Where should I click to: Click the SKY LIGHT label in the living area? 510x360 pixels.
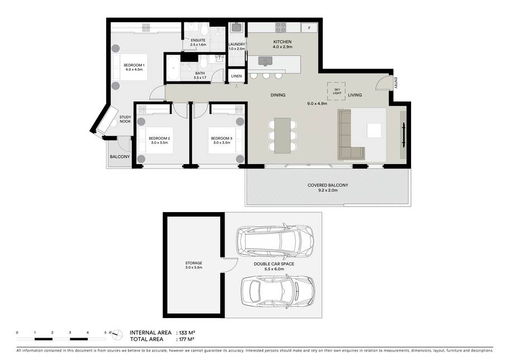[337, 91]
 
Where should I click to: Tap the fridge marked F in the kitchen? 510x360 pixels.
[309, 28]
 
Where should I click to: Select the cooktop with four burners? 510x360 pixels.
[280, 27]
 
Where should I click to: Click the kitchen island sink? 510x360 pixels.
[266, 61]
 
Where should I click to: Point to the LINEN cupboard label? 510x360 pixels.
[236, 76]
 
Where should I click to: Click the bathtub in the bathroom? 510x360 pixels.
[173, 68]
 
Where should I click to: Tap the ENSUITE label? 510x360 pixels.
[198, 40]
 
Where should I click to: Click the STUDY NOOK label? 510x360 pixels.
[125, 119]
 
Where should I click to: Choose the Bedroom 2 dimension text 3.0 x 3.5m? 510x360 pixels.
[159, 143]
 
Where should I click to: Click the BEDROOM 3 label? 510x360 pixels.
[222, 138]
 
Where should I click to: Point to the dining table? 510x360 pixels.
[282, 135]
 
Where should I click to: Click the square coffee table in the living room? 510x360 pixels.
[374, 131]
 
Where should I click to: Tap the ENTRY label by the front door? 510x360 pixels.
[396, 83]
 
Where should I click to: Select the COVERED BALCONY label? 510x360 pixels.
[328, 185]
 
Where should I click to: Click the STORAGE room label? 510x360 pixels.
[194, 263]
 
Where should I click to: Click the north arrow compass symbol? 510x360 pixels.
[116, 334]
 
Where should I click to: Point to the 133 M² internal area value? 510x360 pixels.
[187, 333]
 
